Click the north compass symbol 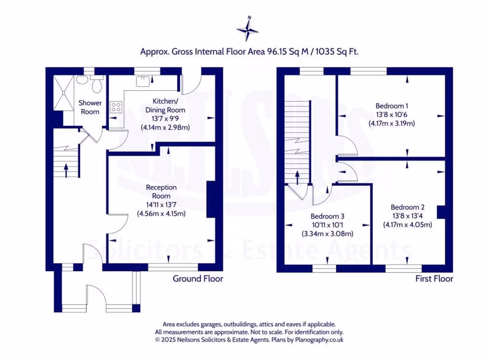pyautogui.click(x=248, y=29)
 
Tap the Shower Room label pyautogui.click(x=90, y=107)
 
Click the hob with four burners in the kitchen pyautogui.click(x=116, y=107)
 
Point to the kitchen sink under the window pyautogui.click(x=142, y=82)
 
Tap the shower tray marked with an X pyautogui.click(x=62, y=93)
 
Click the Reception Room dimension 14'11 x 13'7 pyautogui.click(x=161, y=205)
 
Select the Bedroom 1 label pyautogui.click(x=391, y=106)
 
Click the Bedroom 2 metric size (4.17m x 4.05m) pyautogui.click(x=407, y=224)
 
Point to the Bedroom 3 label pyautogui.click(x=328, y=216)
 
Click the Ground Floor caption pyautogui.click(x=198, y=279)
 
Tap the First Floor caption pyautogui.click(x=434, y=279)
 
